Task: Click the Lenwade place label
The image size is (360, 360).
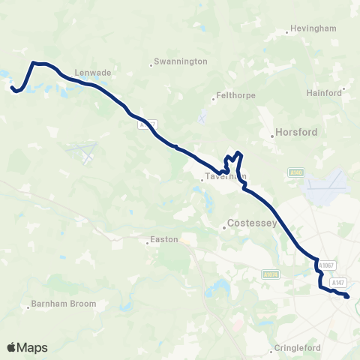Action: pos(93,73)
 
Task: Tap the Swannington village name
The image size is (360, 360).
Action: pos(180,61)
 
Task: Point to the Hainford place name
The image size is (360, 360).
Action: pos(324,93)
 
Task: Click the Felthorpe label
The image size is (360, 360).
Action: pos(235,96)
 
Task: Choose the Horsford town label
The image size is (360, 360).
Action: pos(296,132)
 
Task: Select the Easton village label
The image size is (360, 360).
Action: pos(164,240)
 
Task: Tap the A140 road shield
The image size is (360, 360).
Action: pos(296,173)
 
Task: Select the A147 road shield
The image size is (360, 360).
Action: pos(340,282)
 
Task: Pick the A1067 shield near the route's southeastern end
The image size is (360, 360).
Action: pos(325,265)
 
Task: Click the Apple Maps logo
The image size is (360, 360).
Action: pos(27,347)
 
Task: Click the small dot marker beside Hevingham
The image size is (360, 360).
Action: pos(288,32)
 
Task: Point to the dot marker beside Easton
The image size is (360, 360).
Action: pos(148,242)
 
